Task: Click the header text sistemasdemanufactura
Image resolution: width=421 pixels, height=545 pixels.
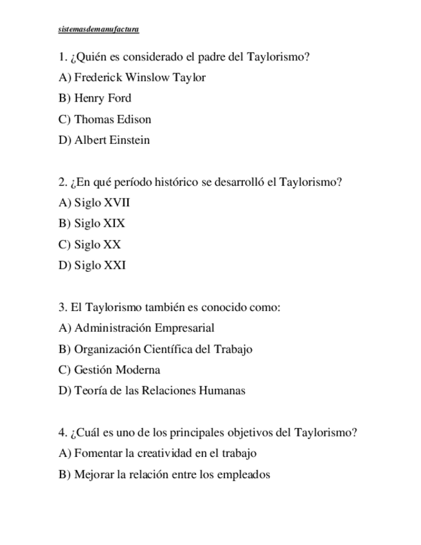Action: tap(98, 30)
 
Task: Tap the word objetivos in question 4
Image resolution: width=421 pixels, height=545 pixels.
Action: tap(250, 433)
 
